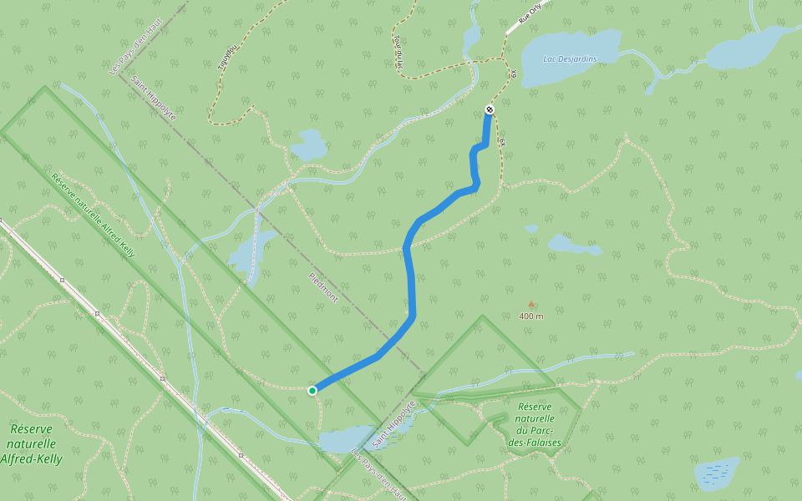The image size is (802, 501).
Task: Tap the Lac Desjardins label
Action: (570, 58)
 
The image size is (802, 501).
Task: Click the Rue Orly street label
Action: (530, 17)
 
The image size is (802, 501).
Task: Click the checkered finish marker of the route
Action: (490, 110)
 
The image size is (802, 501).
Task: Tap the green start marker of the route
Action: (312, 390)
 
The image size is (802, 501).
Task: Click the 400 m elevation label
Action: (530, 316)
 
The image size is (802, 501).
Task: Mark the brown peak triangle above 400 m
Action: (530, 305)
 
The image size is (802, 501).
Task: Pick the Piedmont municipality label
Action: (323, 287)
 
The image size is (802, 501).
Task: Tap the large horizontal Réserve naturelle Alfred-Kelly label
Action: (31, 443)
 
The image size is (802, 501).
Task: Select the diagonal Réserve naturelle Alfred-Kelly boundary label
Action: (93, 214)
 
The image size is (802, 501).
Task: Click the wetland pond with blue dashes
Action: (716, 473)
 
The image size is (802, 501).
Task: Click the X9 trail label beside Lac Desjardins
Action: (515, 77)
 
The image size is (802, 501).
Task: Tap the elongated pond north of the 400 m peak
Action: (571, 245)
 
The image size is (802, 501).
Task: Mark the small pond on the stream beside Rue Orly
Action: (471, 36)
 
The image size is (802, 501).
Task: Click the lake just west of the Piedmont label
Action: (251, 254)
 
